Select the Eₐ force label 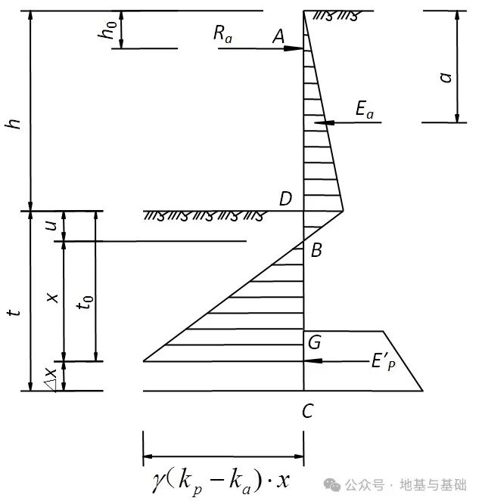point(365,110)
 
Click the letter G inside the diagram point(314,342)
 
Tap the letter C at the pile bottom point(307,411)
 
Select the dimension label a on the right point(446,76)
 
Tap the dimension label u point(51,225)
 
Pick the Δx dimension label point(50,378)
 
